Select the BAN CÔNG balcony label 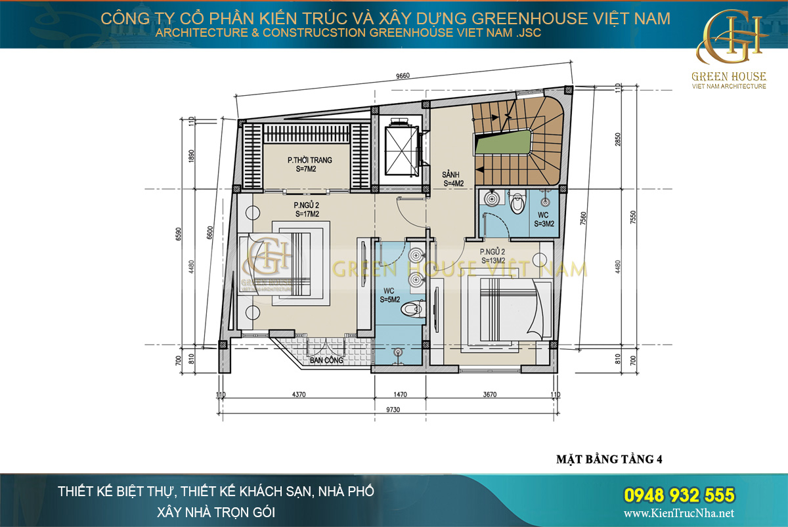327,360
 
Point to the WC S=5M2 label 390,295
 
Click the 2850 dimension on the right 617,139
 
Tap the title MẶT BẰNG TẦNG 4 604,459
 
